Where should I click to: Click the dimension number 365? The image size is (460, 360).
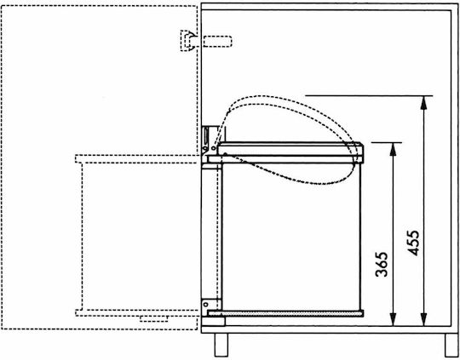(x=382, y=264)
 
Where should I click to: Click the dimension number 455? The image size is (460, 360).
(x=413, y=243)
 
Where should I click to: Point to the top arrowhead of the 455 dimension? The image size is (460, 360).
(x=423, y=103)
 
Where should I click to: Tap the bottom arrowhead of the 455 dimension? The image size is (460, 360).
(x=423, y=319)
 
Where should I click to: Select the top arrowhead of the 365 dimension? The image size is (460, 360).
(x=393, y=149)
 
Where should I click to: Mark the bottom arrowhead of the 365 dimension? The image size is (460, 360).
(x=393, y=319)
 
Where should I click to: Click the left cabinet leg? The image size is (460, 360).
(x=221, y=345)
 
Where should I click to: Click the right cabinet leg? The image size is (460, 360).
(x=451, y=345)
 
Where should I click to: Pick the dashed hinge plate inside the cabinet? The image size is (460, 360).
(x=217, y=42)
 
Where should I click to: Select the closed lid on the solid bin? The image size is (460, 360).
(x=290, y=149)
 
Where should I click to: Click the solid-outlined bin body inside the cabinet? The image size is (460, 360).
(x=291, y=237)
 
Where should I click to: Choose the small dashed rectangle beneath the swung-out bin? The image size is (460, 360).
(x=153, y=318)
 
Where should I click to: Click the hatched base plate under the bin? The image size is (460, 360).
(x=285, y=314)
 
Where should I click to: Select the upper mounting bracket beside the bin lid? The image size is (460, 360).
(x=209, y=140)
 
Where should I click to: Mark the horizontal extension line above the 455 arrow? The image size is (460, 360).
(x=369, y=96)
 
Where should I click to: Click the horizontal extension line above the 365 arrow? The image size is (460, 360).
(x=387, y=142)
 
